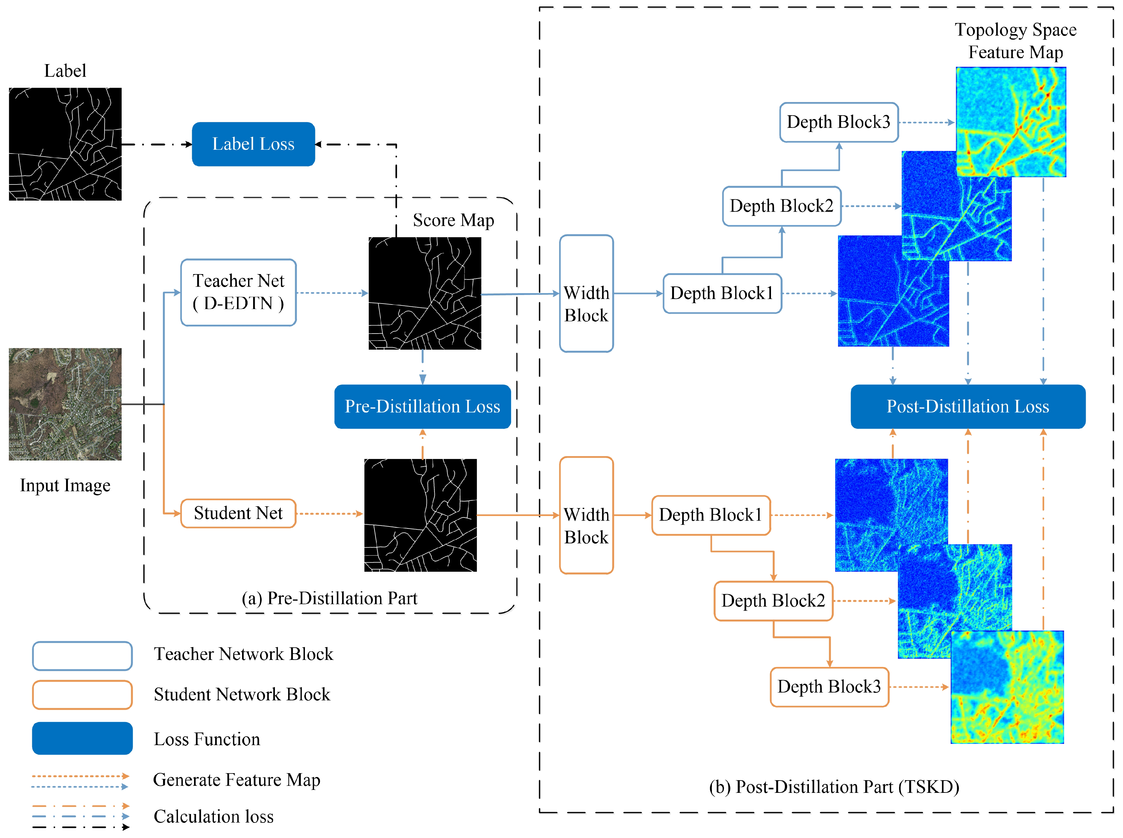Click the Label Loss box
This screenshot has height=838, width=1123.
pyautogui.click(x=253, y=144)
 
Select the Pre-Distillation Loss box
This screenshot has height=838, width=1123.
pyautogui.click(x=422, y=406)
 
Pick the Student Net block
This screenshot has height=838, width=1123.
pyautogui.click(x=238, y=513)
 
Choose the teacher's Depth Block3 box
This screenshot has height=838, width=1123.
pyautogui.click(x=838, y=122)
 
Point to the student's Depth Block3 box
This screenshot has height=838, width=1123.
pyautogui.click(x=829, y=687)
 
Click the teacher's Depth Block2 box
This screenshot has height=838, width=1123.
pyautogui.click(x=781, y=206)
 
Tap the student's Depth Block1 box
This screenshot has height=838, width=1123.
pyautogui.click(x=710, y=515)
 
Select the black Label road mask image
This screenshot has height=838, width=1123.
pyautogui.click(x=65, y=144)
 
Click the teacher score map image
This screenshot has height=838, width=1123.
pyautogui.click(x=424, y=293)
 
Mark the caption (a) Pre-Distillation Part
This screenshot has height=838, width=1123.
pyautogui.click(x=329, y=598)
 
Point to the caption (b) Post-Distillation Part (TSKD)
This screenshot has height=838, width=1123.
pyautogui.click(x=834, y=787)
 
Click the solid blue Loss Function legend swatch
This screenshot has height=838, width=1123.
pyautogui.click(x=82, y=738)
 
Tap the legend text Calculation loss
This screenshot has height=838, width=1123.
pyautogui.click(x=213, y=816)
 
